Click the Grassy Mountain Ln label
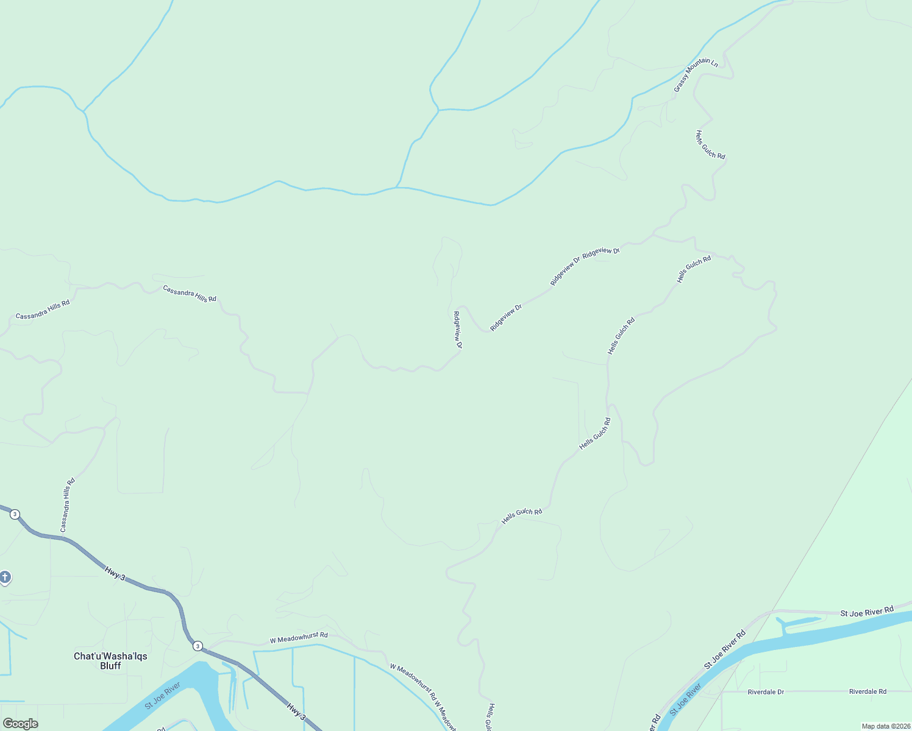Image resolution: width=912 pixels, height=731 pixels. coord(696,74)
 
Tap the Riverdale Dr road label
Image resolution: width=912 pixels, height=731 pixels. coord(766,692)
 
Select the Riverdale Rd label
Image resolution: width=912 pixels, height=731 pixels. coord(867,692)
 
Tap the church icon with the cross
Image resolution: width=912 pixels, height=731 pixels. coord(5,576)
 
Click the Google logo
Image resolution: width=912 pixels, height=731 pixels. coord(20,724)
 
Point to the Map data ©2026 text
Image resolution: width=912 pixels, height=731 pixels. coord(885,726)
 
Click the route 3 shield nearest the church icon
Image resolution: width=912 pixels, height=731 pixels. coord(15,514)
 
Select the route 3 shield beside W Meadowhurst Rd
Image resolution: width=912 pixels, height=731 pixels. coord(198,646)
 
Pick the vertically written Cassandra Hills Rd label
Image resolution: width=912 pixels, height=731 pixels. coord(68,505)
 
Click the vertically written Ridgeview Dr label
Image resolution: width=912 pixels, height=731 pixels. coord(457,330)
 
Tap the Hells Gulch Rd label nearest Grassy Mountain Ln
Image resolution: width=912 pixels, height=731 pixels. coord(710,144)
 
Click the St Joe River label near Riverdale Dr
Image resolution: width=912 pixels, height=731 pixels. coord(686,700)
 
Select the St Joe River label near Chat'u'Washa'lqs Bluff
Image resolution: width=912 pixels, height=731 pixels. coord(163,696)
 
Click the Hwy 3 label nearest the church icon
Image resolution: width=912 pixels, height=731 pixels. coord(115,573)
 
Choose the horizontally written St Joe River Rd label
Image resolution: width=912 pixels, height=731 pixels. coord(866,612)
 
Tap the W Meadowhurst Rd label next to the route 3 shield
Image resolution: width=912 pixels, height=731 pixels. coord(299,638)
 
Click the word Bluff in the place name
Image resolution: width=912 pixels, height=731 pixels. coord(110,666)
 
